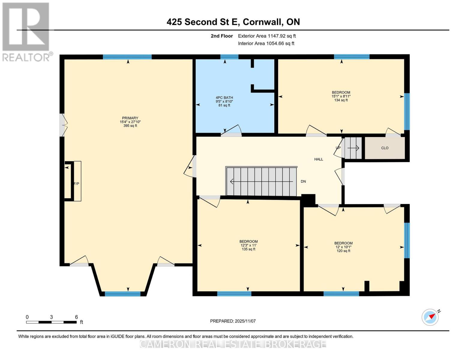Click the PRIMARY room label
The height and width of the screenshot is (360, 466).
click(130, 118)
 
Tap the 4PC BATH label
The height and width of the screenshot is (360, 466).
click(224, 97)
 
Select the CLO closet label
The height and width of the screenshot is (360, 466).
click(385, 148)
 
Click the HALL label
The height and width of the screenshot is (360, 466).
click(319, 159)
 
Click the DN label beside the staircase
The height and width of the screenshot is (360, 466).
click(303, 181)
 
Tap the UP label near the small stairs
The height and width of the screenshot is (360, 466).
click(338, 148)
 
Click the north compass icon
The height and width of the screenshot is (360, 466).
click(430, 317)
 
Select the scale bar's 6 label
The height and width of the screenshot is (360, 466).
click(77, 317)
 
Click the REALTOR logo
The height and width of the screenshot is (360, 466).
click(26, 31)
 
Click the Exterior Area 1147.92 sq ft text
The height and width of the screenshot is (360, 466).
click(267, 36)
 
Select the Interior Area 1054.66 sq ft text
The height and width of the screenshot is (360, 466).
click(266, 43)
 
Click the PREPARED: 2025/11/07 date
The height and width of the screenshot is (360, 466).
click(233, 321)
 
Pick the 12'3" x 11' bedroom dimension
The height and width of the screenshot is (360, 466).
click(248, 245)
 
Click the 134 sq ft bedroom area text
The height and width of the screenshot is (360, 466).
click(341, 100)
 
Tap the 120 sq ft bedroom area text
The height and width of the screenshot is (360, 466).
click(343, 251)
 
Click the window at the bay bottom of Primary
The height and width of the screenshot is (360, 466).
click(122, 294)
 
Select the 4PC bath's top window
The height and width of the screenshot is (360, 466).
click(229, 57)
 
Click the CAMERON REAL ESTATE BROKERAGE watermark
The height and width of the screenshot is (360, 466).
click(233, 344)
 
